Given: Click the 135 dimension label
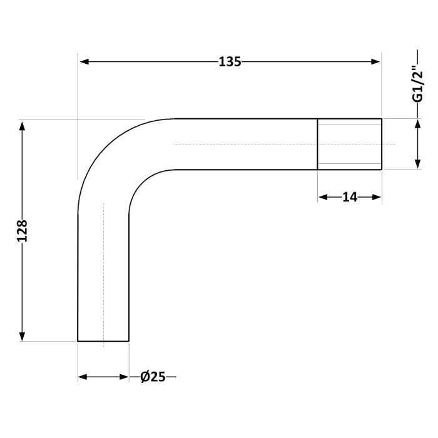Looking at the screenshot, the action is (230, 62).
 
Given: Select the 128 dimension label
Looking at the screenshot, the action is (22, 231).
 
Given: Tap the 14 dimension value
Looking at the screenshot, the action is (350, 198).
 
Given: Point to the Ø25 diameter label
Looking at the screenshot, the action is (153, 377).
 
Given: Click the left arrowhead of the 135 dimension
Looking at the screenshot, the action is (84, 62).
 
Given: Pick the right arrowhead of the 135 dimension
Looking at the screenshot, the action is (375, 62).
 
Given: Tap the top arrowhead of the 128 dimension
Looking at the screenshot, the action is (23, 127).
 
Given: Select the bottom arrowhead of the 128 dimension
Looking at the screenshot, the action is (23, 337).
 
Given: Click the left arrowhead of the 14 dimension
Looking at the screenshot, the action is (323, 198).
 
